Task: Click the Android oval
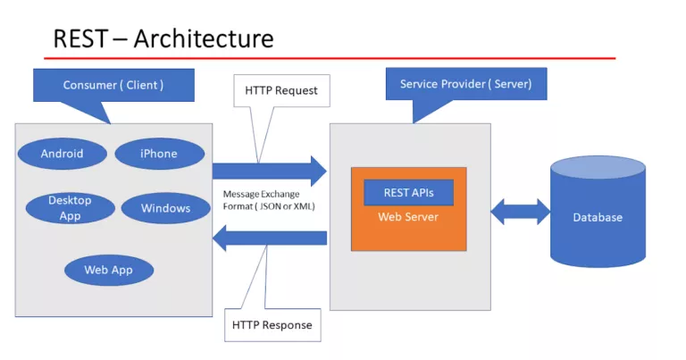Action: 62,154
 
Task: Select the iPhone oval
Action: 158,154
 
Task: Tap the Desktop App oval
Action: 70,207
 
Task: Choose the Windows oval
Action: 165,209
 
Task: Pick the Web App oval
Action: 107,269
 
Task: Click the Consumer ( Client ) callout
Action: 113,86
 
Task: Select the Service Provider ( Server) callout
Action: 465,85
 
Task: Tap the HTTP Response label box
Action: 272,324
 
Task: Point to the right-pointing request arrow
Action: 268,170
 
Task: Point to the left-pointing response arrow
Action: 268,238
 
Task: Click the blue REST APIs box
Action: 407,193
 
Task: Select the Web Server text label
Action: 407,217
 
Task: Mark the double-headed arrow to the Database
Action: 521,213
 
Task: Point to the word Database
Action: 598,217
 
